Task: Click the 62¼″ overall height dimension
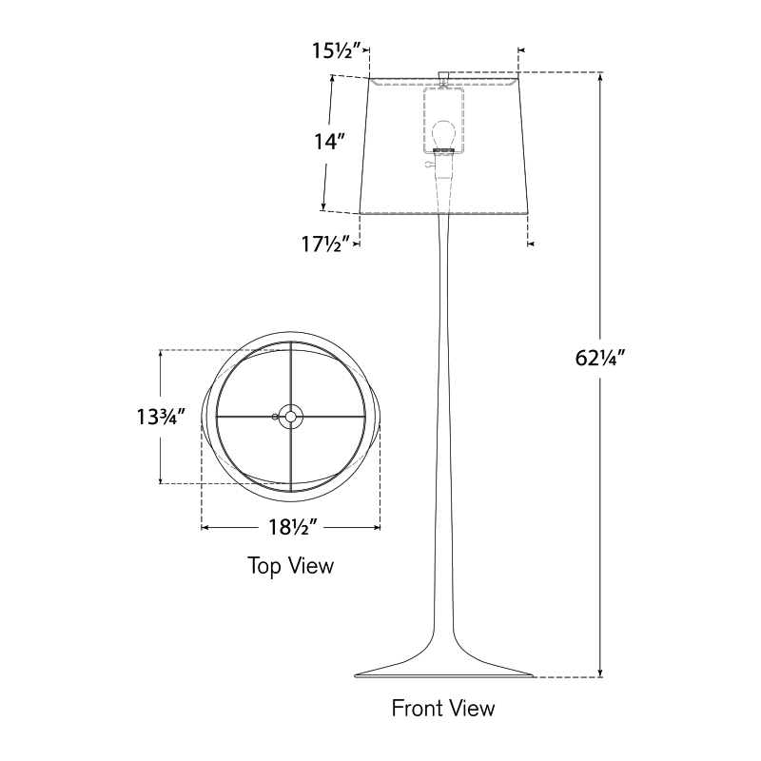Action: [x=599, y=359]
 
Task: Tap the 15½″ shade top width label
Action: [x=337, y=50]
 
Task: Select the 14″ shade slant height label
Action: [x=329, y=142]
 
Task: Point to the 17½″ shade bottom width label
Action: [x=325, y=244]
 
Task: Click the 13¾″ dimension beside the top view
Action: [x=161, y=417]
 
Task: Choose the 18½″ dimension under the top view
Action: [x=293, y=527]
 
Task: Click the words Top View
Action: [x=291, y=566]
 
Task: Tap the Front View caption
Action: [x=443, y=708]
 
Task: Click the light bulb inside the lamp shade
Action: [x=443, y=134]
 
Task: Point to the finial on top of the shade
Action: [x=443, y=77]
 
